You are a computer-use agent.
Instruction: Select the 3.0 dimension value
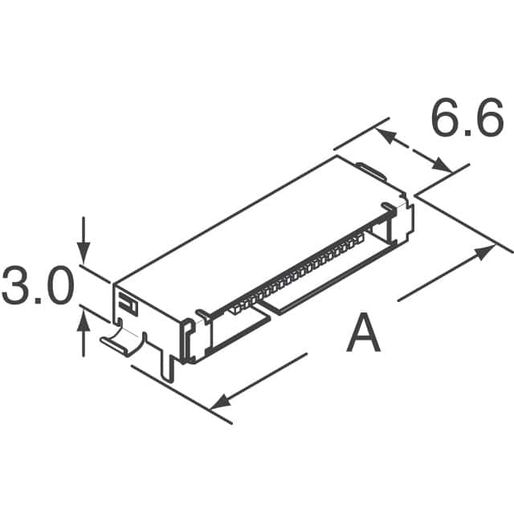point(38,287)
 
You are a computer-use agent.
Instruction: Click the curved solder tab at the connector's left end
point(120,339)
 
